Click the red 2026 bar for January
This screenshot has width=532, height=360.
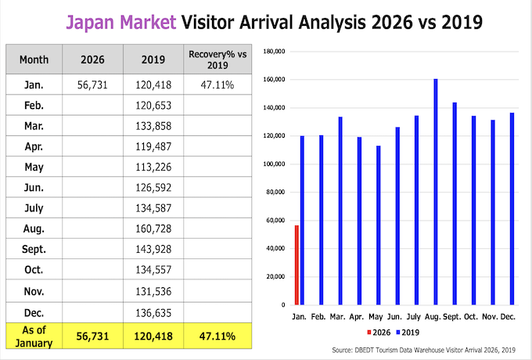(297, 265)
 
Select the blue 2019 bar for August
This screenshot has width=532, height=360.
(436, 192)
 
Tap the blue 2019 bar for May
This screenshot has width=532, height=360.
(378, 225)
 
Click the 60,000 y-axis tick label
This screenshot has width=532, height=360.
(273, 221)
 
